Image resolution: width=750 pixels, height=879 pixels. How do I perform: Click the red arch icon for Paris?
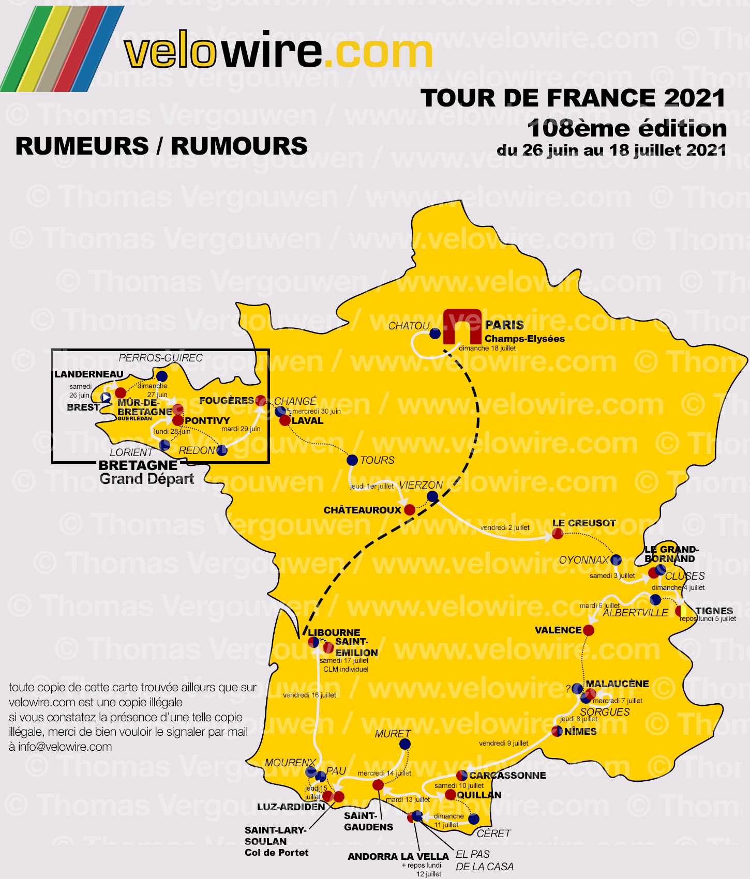[x=462, y=326]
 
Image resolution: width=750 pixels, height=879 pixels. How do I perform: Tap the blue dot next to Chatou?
[x=435, y=334]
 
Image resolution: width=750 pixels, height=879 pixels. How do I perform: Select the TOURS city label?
[x=377, y=460]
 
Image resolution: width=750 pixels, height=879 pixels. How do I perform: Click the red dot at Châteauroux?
[x=410, y=510]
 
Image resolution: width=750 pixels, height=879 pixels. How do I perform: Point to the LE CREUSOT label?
[x=584, y=523]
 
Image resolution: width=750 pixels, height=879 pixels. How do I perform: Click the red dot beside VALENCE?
[x=589, y=630]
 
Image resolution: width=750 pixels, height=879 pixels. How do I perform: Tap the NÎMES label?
[x=580, y=731]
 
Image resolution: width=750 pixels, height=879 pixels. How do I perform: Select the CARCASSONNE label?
[x=507, y=775]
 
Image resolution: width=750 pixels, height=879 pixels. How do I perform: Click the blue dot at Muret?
[x=405, y=744]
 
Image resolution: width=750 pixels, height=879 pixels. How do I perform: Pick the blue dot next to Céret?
[x=474, y=819]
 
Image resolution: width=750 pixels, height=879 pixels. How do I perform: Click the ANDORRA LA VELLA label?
[x=398, y=857]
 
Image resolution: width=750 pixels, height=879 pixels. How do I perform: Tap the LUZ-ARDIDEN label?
[x=291, y=807]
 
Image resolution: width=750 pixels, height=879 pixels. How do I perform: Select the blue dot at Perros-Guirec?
[x=162, y=376]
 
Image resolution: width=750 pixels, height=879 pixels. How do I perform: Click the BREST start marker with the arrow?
[x=106, y=398]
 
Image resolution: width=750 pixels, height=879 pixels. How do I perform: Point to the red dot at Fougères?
[x=261, y=400]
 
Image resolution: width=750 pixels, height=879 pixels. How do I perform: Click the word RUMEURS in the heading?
[x=82, y=146]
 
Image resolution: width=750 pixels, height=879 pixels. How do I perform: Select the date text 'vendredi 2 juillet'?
[x=505, y=527]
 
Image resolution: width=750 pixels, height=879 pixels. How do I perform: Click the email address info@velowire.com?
[x=65, y=747]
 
